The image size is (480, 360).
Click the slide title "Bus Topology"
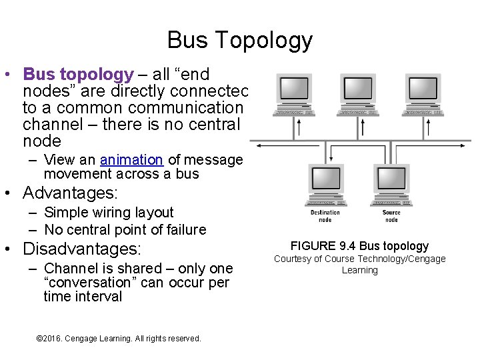pos(239,40)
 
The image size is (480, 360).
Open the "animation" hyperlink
pos(131,160)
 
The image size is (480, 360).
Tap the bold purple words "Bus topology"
pos(79,75)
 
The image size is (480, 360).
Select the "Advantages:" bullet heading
pos(70,194)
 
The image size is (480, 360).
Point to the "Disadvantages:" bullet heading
pos(82,249)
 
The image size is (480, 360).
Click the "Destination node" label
pos(325,216)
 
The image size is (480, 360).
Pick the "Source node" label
pos(391,216)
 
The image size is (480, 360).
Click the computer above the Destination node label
pos(325,183)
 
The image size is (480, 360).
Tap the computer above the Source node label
pos(391,183)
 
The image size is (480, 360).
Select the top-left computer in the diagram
pos(295,94)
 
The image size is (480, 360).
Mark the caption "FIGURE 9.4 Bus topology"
pos(359,246)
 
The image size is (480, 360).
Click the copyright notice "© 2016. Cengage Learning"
pos(118,339)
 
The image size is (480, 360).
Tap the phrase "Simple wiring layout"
pos(109,213)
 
